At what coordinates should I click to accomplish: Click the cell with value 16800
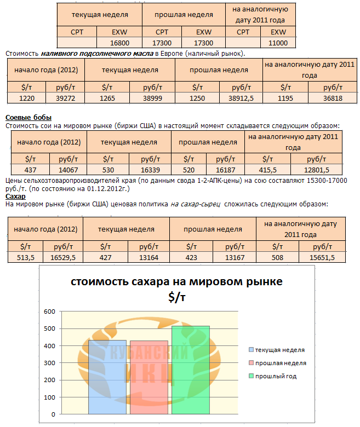(119, 43)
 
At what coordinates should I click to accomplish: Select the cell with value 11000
(278, 43)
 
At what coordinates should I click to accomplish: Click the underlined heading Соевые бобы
(28, 118)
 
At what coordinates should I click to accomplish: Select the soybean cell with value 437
(25, 170)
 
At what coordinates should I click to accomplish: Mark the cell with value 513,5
(26, 258)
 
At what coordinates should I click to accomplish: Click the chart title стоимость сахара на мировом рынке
(176, 282)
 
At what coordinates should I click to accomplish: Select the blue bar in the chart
(107, 378)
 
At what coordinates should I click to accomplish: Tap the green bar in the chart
(191, 370)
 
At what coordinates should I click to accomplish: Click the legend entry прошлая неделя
(280, 363)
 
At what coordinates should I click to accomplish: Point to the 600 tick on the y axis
(49, 311)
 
